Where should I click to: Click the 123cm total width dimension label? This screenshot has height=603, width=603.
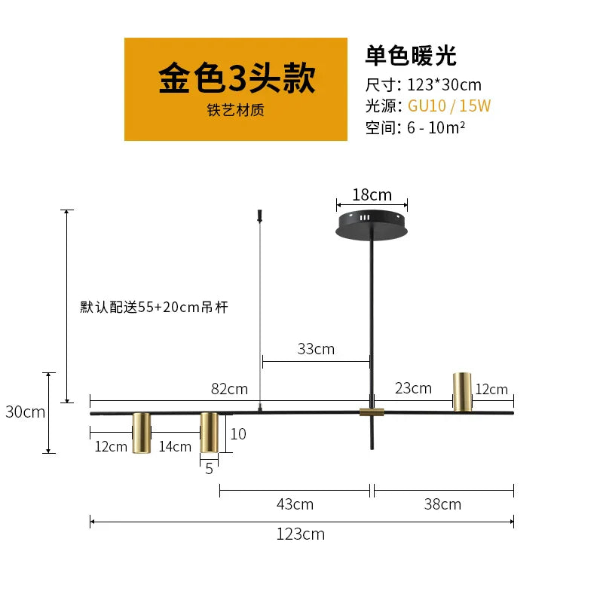click(301, 534)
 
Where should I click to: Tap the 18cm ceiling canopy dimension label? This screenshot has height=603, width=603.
click(372, 195)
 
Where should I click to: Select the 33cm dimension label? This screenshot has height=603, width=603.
click(316, 349)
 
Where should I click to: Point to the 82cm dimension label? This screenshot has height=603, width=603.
click(230, 389)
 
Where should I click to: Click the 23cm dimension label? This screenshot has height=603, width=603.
click(413, 388)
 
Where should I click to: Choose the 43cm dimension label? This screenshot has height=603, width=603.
click(295, 504)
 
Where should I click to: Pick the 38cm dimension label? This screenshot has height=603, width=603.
click(442, 504)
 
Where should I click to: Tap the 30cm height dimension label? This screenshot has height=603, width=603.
click(26, 412)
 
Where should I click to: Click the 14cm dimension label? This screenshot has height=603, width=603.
click(175, 446)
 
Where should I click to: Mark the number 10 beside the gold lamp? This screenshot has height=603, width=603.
click(238, 434)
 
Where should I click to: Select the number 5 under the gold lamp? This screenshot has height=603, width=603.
click(210, 469)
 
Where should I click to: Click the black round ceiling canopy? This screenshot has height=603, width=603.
click(372, 225)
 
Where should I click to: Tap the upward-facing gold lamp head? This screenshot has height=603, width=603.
click(462, 392)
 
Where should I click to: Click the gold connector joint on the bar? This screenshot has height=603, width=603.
click(372, 412)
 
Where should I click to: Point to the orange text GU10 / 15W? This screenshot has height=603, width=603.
click(449, 106)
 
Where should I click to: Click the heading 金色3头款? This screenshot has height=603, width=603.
click(237, 78)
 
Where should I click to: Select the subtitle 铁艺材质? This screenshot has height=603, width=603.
click(236, 110)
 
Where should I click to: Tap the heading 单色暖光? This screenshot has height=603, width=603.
click(411, 56)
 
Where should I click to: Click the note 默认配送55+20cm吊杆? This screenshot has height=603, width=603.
click(155, 308)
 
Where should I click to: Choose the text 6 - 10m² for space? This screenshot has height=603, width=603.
click(436, 127)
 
